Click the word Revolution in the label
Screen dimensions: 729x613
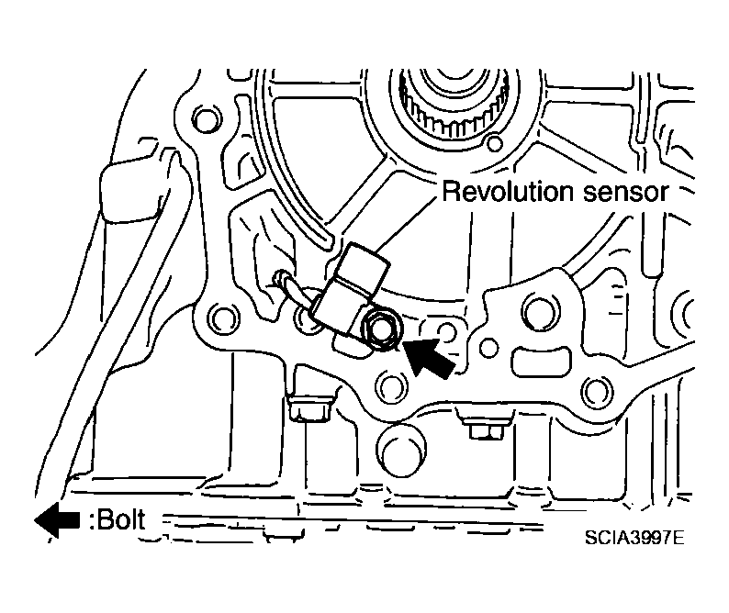[x=508, y=192]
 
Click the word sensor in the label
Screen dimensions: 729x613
[x=625, y=193]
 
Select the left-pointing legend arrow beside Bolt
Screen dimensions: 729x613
[x=57, y=520]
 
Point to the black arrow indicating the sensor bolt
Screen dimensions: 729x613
[x=429, y=357]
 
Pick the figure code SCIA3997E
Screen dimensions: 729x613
[x=634, y=538]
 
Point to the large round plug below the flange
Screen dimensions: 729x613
[x=401, y=450]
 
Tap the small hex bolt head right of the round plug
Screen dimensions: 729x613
[x=486, y=429]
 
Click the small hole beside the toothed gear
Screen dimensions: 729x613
[x=494, y=142]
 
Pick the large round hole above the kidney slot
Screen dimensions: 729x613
[x=541, y=311]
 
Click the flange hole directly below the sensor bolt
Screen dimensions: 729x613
[x=392, y=387]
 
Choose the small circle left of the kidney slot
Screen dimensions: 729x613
[x=488, y=348]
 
